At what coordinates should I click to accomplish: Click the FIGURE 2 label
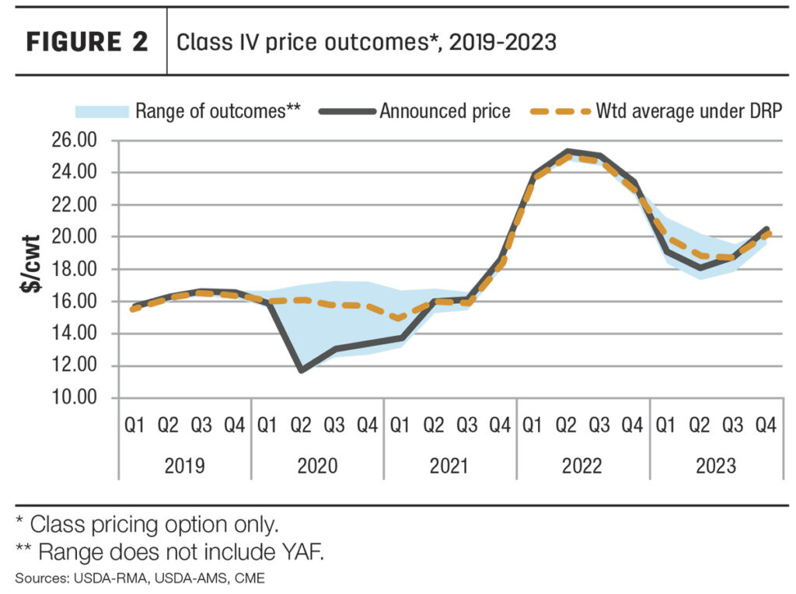[87, 42]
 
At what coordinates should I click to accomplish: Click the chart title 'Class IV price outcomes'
[366, 42]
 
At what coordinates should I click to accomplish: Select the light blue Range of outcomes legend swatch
[101, 111]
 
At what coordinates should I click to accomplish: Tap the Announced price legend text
[445, 111]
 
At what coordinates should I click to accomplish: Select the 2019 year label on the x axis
[184, 466]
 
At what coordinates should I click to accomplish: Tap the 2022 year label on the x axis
[582, 466]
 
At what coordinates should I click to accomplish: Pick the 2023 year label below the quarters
[715, 466]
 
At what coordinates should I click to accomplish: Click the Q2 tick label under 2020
[301, 425]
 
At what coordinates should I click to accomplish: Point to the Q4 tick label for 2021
[500, 425]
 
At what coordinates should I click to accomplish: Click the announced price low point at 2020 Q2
[301, 370]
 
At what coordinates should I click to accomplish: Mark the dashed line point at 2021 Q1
[400, 318]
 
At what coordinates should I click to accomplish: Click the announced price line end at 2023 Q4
[766, 229]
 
